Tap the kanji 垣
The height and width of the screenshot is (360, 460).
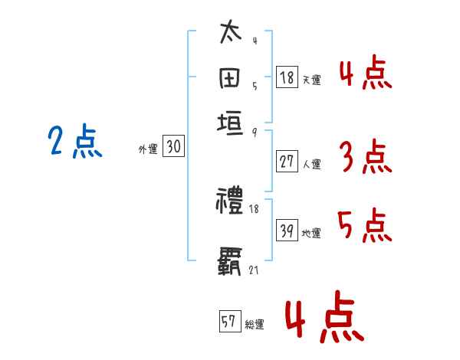231,123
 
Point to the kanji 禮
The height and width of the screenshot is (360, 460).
231,201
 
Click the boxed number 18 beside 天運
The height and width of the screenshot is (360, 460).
287,77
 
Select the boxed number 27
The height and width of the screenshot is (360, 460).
287,161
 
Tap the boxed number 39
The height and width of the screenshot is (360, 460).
287,231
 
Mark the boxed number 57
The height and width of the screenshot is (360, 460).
229,322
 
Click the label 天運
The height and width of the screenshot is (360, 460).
311,80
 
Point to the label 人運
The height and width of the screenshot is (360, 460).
311,163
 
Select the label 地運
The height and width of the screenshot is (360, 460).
311,233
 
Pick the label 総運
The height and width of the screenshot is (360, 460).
255,325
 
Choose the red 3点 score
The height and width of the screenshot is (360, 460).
365,157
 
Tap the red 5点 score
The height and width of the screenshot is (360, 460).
365,224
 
